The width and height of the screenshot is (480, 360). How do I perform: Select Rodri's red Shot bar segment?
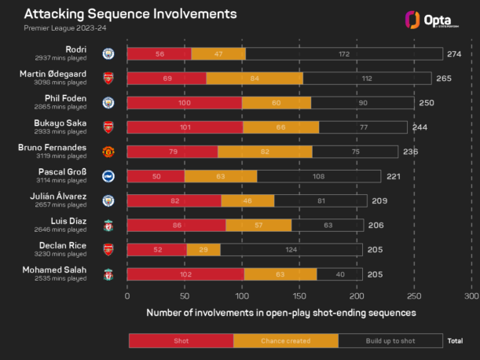[x=159, y=53]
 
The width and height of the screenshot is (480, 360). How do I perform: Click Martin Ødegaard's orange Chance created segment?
[x=255, y=79]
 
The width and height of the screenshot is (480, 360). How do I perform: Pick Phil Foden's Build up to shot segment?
[x=362, y=103]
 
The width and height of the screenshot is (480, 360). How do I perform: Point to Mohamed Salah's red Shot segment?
[x=185, y=274]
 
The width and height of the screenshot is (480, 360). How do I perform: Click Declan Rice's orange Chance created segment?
[x=203, y=250]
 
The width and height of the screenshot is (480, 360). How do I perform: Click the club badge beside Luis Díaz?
[x=108, y=226]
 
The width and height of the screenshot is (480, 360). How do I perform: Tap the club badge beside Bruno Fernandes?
[x=108, y=152]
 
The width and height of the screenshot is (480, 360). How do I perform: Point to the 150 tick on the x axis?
[x=299, y=297]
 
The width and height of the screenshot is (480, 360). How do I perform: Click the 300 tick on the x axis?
[x=471, y=297]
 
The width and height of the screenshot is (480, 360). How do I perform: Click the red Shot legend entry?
[x=181, y=340]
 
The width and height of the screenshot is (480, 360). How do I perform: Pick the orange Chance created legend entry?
[x=286, y=340]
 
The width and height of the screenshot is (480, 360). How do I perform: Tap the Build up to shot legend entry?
[x=391, y=340]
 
